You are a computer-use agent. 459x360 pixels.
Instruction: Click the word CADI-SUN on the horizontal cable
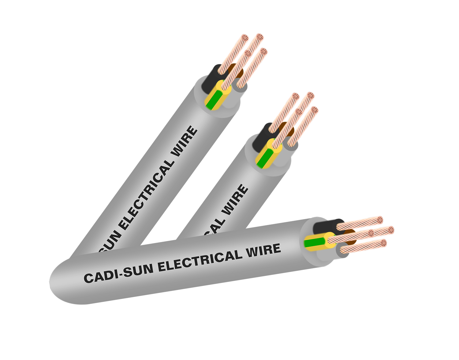click(118, 273)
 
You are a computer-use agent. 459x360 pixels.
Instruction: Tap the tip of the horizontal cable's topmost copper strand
click(379, 220)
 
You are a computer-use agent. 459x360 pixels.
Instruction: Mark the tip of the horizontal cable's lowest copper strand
click(383, 244)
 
